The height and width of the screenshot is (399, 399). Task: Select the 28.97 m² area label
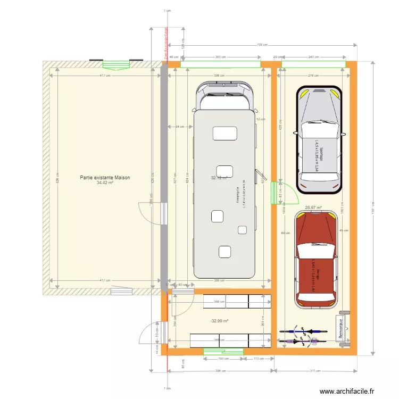[314, 207]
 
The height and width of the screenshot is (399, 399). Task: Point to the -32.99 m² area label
[219, 321]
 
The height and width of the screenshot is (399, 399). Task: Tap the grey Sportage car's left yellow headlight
[304, 95]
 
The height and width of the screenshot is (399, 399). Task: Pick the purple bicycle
[301, 331]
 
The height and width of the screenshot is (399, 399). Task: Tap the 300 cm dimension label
[220, 56]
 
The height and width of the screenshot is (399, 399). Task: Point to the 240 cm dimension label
[313, 56]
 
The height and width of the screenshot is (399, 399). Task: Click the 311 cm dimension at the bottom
[316, 371]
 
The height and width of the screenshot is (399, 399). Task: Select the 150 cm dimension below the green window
[223, 359]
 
